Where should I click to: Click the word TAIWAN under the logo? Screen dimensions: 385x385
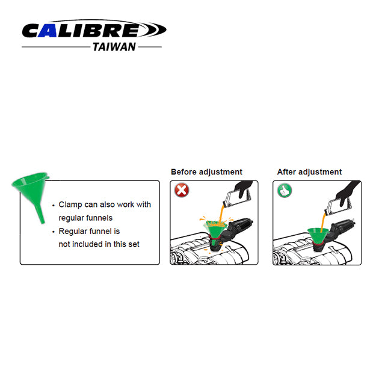pos(114,47)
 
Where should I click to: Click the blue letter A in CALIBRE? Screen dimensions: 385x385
pos(48,31)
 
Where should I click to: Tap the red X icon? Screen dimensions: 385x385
pos(182,190)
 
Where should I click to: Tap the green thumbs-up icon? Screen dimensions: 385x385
pos(285,190)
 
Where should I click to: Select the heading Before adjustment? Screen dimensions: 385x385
pos(206,172)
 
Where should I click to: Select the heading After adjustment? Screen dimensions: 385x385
pos(309,172)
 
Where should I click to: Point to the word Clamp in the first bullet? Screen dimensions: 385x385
pos(70,205)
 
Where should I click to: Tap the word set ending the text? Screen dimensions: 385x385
pos(133,244)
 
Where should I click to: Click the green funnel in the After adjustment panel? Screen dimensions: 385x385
pos(318,235)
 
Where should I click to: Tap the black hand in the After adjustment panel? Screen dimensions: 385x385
pos(348,192)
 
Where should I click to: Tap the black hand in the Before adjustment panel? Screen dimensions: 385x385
pos(243,188)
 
